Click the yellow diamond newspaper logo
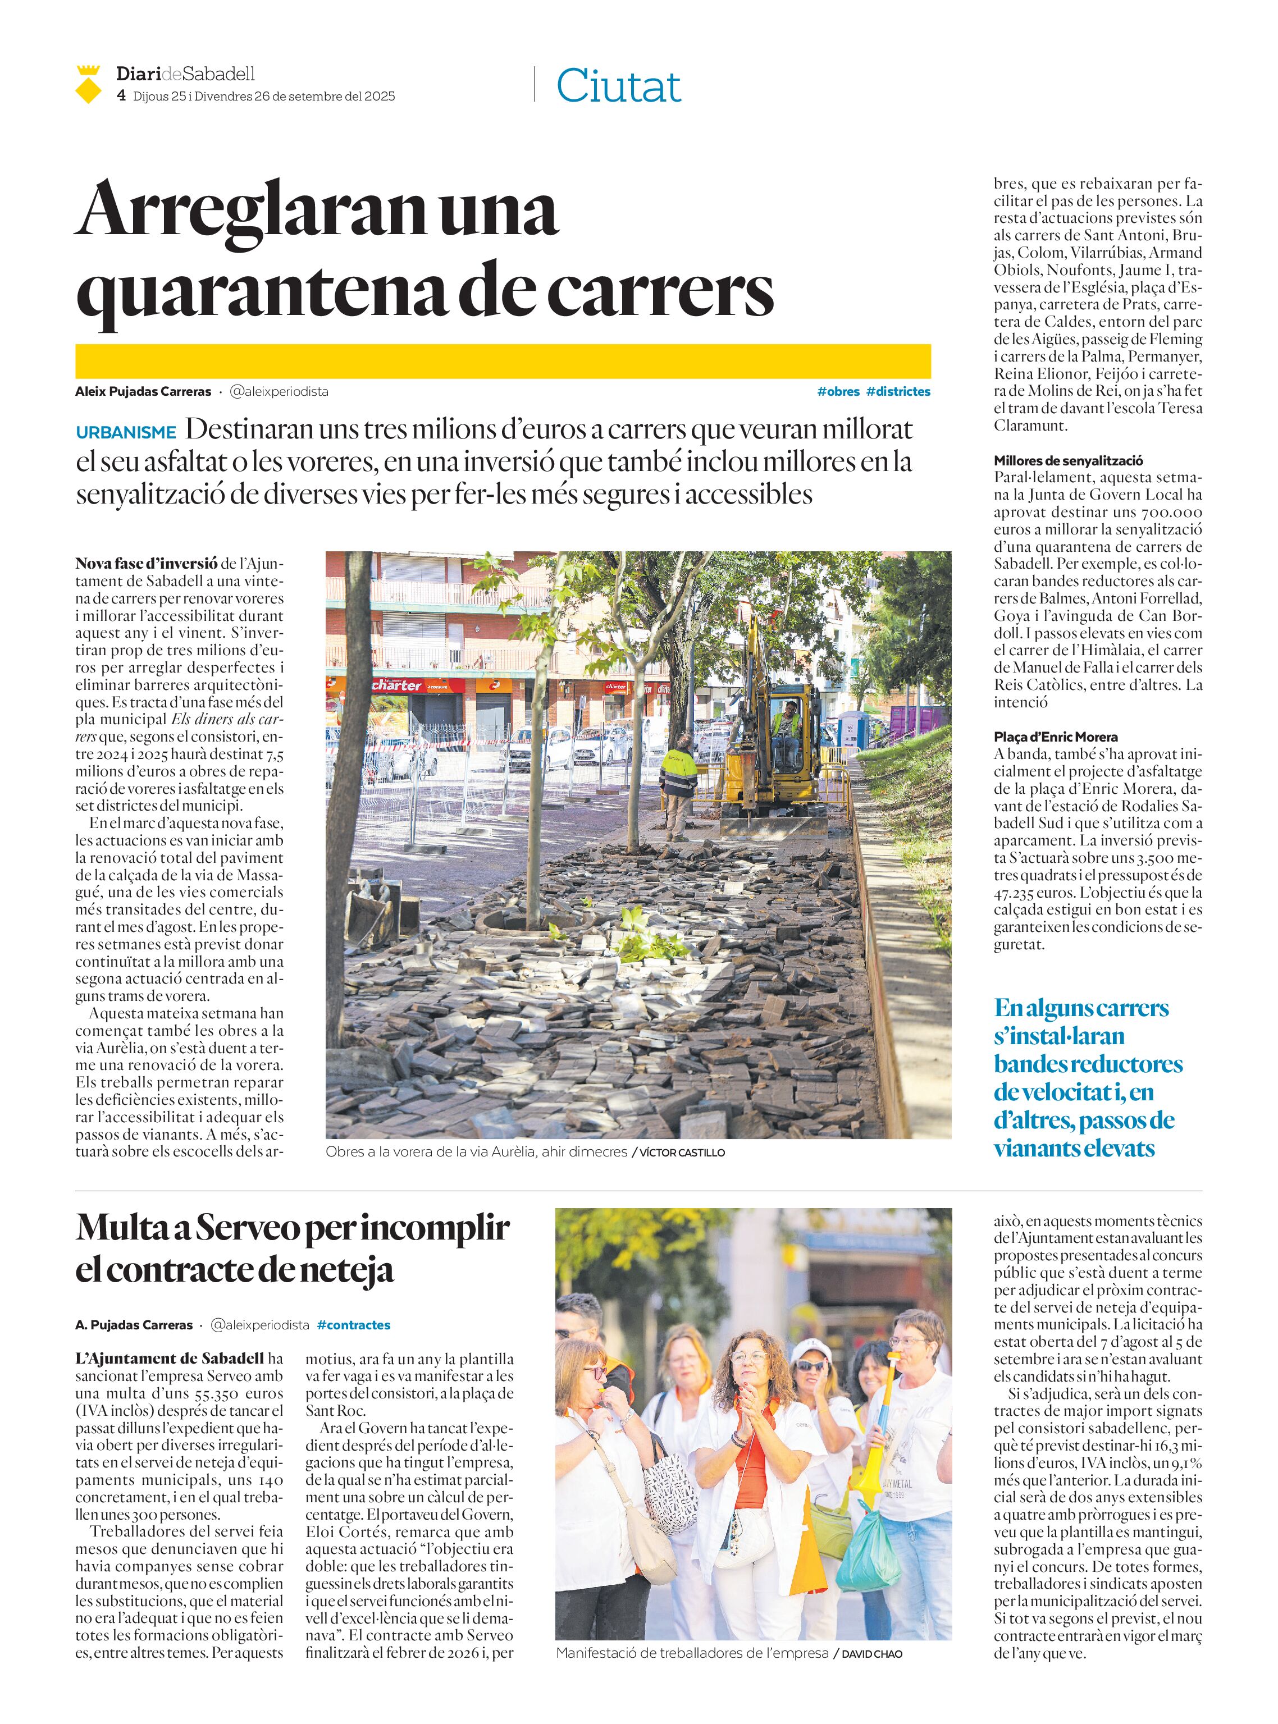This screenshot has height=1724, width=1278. tap(89, 84)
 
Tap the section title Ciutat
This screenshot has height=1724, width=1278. tap(618, 86)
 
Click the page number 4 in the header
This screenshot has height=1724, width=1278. tap(121, 96)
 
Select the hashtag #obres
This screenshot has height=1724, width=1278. tap(838, 391)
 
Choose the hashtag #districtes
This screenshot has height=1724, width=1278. tap(898, 391)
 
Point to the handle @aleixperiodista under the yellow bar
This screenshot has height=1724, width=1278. tap(279, 391)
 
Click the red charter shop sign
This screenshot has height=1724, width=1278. tap(397, 685)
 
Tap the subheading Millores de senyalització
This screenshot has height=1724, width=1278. tap(1057, 460)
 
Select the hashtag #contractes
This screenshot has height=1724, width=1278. tap(354, 1325)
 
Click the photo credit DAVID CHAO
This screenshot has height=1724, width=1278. tap(871, 1654)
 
